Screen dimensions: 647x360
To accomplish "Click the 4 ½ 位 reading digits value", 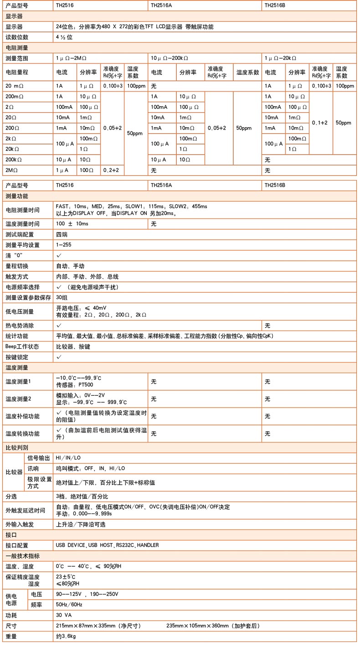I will [x=64, y=37].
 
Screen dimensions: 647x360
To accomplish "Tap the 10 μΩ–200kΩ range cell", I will [x=170, y=59].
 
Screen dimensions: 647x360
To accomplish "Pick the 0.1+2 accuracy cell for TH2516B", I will [x=321, y=123].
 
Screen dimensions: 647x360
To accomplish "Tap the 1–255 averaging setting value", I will [x=64, y=245].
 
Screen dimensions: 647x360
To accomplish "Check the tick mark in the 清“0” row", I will [x=59, y=255].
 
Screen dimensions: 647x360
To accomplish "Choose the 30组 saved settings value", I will [x=62, y=297].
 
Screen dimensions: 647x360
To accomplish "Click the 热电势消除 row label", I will [x=20, y=326].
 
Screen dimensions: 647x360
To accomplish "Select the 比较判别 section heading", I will [x=17, y=447].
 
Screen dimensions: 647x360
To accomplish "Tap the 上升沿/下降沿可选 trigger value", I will [x=81, y=524].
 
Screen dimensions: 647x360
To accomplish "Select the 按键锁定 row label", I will [x=17, y=357].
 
